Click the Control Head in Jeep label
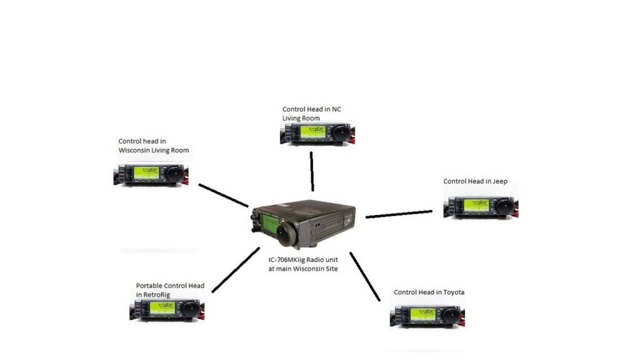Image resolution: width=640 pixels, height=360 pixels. click(475, 181)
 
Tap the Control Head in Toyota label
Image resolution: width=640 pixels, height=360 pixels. click(429, 292)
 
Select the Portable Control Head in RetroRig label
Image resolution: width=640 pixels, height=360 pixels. click(170, 290)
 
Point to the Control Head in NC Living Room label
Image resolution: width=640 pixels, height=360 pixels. click(311, 114)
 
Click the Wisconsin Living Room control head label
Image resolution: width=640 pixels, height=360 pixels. click(154, 146)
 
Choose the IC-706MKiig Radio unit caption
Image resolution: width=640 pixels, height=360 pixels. click(303, 264)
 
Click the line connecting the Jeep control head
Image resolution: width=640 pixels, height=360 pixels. click(399, 214)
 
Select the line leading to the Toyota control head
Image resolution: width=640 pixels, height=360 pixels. click(365, 277)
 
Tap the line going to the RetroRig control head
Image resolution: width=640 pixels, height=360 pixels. click(236, 270)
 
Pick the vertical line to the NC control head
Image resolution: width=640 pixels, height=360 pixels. click(312, 171)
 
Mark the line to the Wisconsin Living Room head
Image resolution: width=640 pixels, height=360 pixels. click(223, 196)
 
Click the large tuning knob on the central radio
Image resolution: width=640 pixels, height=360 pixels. click(287, 234)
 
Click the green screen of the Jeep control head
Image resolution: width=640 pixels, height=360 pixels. click(476, 205)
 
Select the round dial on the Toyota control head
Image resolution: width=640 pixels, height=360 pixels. click(451, 314)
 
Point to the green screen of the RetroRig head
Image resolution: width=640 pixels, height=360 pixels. click(162, 307)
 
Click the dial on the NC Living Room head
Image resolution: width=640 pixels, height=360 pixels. click(340, 132)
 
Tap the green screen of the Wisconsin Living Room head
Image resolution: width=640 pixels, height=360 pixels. click(146, 172)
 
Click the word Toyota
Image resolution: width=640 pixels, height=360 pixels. click(454, 292)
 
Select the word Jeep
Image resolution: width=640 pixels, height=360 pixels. click(500, 182)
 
